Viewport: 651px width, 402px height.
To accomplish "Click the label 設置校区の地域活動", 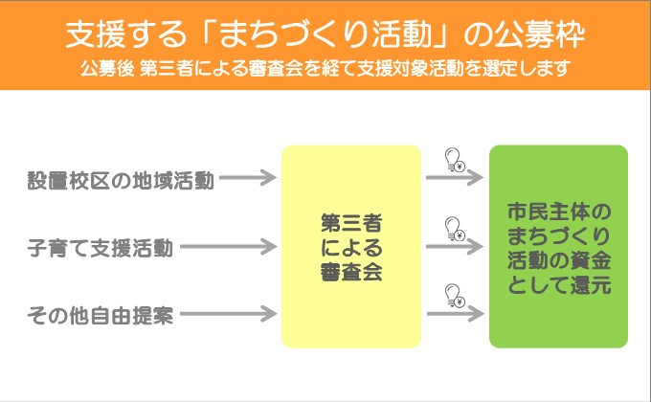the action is coord(121,181).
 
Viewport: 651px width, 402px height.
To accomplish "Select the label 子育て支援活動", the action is coord(101,248).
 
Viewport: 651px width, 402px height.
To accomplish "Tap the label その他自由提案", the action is coord(101,315).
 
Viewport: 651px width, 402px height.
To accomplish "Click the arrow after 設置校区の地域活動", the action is coord(248,178).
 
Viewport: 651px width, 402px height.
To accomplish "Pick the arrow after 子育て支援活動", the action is coord(229,247).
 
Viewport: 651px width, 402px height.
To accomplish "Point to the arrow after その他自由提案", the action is coord(229,314).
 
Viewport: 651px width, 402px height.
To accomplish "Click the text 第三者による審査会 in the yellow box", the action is coord(351,248).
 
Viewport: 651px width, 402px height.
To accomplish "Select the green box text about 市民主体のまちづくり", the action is coord(559,248).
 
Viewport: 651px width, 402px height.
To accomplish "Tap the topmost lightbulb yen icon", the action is coord(455,160).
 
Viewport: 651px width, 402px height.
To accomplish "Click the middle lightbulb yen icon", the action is coord(455,229).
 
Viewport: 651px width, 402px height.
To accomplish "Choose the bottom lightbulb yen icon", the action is coord(455,296).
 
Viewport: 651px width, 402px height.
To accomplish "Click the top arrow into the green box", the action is coord(455,178).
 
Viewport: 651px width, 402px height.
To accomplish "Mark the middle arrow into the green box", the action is coord(455,247).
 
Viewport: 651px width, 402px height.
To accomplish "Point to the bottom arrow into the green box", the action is coord(455,314).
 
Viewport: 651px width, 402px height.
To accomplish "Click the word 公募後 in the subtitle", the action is coord(107,69).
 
